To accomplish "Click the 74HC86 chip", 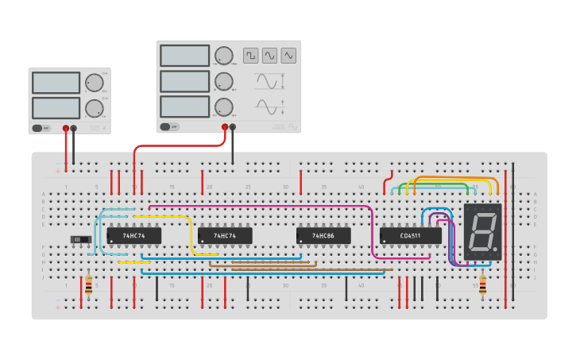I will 323,236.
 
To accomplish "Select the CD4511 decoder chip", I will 410,236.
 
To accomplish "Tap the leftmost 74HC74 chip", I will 133,236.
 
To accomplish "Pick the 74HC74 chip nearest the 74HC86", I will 225,236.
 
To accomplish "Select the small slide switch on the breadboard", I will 80,239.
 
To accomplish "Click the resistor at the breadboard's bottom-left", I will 88,285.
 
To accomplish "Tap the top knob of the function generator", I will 224,56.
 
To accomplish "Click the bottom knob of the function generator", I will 224,106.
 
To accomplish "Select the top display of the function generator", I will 184,56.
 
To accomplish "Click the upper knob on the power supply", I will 95,83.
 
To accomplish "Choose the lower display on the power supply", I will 56,107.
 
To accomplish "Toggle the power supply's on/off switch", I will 41,128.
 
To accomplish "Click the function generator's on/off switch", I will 168,126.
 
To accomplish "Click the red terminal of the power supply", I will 66,128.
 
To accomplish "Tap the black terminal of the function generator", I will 233,126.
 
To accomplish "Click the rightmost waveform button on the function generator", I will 288,56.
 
